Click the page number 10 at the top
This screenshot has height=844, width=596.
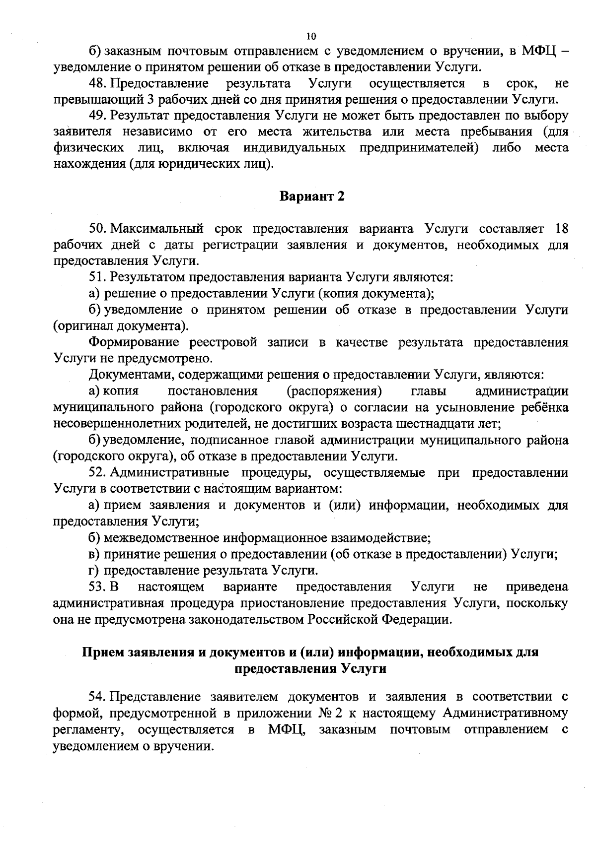311,36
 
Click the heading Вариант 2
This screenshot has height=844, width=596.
312,196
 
